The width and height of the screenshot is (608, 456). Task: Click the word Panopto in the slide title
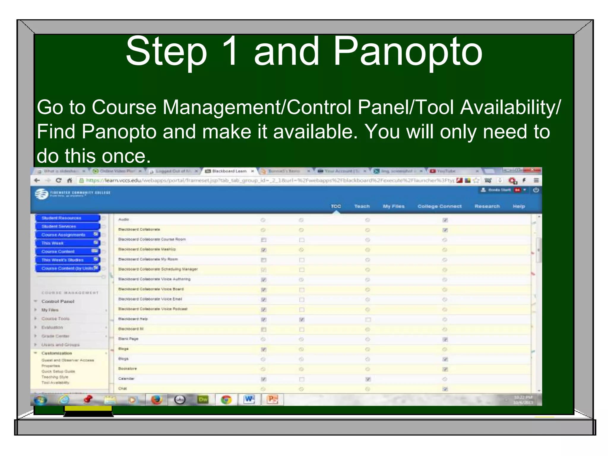tap(408, 52)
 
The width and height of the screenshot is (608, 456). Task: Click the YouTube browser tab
tap(446, 171)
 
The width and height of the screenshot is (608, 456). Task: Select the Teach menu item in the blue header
tap(362, 206)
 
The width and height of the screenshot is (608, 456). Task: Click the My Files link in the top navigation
tap(394, 206)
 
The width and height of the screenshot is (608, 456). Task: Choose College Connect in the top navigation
tap(439, 206)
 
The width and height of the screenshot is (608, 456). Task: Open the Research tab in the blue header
tap(487, 206)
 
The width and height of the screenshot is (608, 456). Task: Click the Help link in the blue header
tap(519, 206)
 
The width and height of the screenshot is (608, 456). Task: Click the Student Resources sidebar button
tap(67, 218)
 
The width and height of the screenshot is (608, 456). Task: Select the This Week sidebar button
tap(67, 243)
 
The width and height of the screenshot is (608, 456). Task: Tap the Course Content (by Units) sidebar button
tap(67, 268)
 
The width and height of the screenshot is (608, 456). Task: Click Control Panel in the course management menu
tap(58, 301)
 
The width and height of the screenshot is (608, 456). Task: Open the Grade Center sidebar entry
tap(55, 336)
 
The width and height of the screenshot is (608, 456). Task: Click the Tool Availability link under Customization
tap(56, 382)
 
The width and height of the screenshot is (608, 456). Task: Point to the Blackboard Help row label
tap(133, 319)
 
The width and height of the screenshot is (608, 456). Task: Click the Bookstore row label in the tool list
tap(128, 369)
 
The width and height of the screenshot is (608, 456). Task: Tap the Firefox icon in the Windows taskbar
tap(156, 400)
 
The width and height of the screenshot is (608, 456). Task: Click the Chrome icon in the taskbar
tap(226, 400)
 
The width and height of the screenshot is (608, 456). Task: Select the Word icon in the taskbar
tap(249, 400)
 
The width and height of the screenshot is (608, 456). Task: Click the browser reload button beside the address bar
tap(58, 180)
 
